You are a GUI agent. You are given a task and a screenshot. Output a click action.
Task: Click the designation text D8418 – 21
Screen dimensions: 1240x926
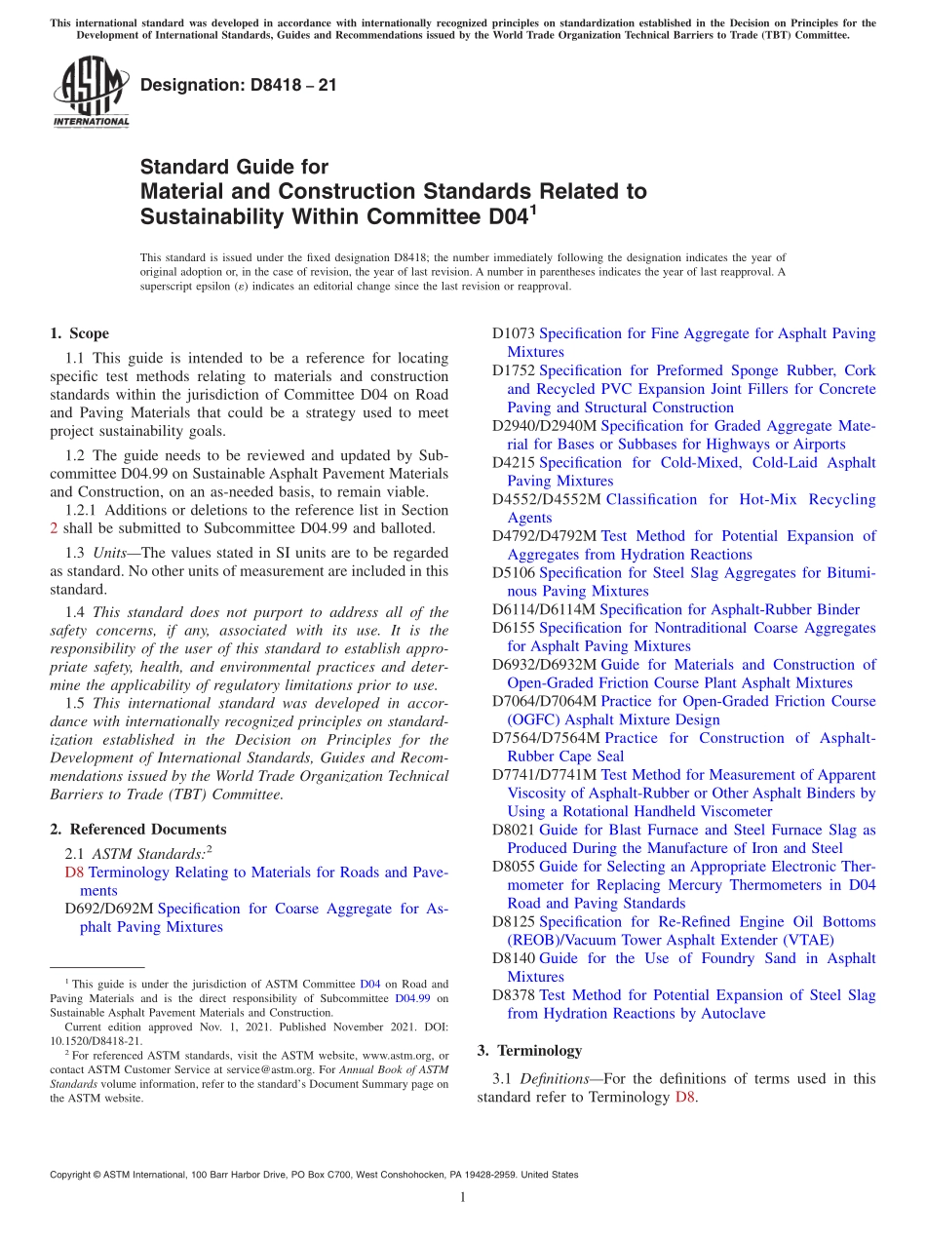click(239, 85)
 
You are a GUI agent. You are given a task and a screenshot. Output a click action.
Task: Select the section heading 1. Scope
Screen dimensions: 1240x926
click(79, 333)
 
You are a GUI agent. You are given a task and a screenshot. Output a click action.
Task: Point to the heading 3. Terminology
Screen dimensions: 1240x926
click(529, 1051)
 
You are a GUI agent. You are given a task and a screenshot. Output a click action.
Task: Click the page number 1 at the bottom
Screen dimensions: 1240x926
click(463, 1198)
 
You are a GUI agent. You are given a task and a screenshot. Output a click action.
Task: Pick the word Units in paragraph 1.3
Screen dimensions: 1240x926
click(110, 553)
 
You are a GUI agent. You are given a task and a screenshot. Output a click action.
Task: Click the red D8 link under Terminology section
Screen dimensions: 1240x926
click(685, 1097)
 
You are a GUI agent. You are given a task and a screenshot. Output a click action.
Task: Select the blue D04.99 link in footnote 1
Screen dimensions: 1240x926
click(413, 999)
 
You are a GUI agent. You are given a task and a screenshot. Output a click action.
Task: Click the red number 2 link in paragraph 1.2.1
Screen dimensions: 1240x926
click(54, 528)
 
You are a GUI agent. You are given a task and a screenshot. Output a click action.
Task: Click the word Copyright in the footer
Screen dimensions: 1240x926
click(73, 1175)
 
